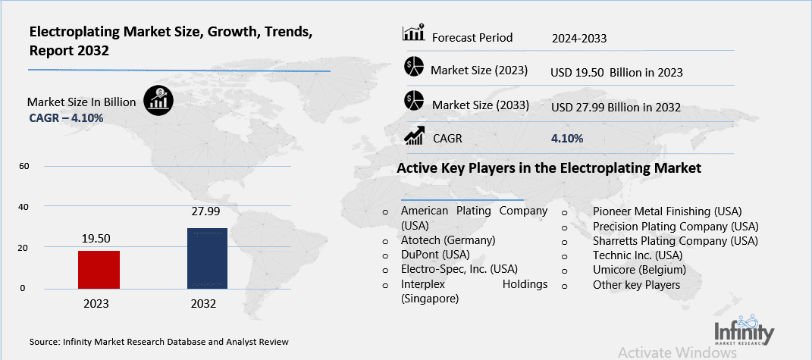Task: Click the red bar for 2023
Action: point(99,269)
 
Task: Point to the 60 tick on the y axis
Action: point(23,166)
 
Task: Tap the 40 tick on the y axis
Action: point(23,207)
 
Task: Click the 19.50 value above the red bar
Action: point(99,239)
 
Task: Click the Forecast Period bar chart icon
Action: point(413,34)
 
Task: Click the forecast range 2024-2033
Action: point(580,37)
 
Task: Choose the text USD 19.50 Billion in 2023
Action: point(616,72)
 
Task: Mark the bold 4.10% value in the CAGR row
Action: point(566,139)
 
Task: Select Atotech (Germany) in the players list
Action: point(447,239)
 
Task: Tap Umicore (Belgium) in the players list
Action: point(639,270)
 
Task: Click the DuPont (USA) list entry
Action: point(435,254)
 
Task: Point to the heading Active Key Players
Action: point(549,167)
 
